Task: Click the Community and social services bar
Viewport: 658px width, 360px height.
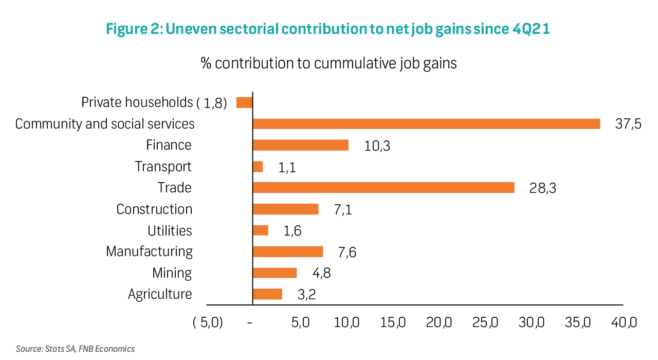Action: coord(426,124)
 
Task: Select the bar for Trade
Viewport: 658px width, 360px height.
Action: coord(383,188)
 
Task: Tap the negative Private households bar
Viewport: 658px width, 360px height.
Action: coord(244,102)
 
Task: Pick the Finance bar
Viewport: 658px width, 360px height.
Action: coord(300,145)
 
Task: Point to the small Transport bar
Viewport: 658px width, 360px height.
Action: coord(258,167)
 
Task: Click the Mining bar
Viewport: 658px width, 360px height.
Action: coord(275,273)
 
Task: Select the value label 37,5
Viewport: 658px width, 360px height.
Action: coord(628,124)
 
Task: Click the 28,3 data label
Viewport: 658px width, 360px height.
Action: coord(543,188)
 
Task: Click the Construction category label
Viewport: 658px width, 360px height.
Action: coord(154,209)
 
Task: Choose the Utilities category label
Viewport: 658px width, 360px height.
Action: coord(170,230)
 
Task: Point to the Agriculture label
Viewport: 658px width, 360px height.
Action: coord(160,294)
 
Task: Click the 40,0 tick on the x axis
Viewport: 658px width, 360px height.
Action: coord(624,323)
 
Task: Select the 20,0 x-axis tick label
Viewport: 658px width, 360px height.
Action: coord(440,323)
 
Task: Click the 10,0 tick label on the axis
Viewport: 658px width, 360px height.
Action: coord(347,323)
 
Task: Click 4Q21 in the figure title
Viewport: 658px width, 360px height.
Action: coord(531,29)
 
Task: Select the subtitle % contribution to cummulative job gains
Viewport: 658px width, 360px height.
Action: coord(329,64)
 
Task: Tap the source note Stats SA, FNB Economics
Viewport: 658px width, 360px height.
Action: coord(76,349)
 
